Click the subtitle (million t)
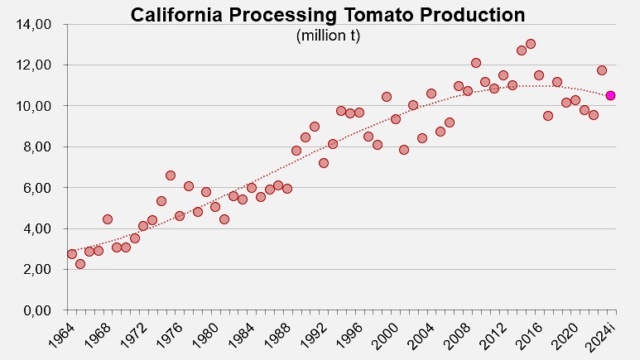tap(328, 36)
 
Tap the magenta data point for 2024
tap(611, 95)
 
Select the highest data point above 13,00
tap(531, 44)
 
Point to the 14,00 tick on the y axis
tap(33, 25)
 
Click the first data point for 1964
tap(72, 254)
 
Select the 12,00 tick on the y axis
tap(33, 65)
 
